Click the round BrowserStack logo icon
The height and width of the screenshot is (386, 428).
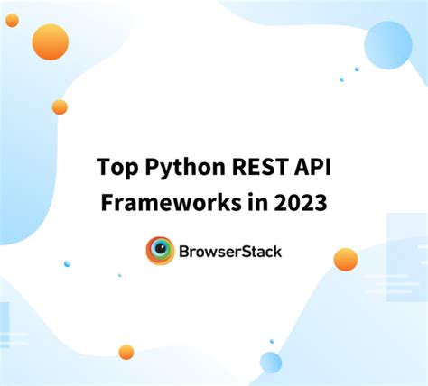click(x=160, y=251)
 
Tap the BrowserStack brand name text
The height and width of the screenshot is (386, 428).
click(x=230, y=251)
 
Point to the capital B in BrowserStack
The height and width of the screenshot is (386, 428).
click(x=187, y=251)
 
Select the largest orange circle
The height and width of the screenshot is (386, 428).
click(x=50, y=41)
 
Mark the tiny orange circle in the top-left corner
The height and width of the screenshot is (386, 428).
click(x=11, y=19)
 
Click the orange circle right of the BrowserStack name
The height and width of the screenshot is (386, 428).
click(x=345, y=260)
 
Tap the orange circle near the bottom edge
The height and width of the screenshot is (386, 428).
click(x=126, y=352)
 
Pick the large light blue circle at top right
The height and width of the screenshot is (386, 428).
click(x=388, y=45)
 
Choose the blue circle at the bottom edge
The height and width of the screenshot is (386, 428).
click(x=271, y=363)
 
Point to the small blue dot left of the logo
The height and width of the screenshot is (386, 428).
click(x=67, y=263)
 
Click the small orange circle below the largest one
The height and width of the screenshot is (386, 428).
click(x=60, y=106)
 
